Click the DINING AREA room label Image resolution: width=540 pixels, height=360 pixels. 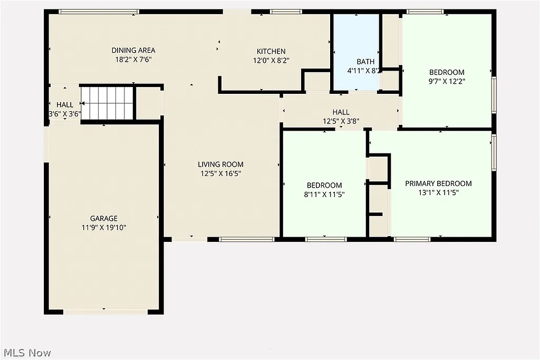[x=133, y=51]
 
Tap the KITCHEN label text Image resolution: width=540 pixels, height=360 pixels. [x=271, y=51]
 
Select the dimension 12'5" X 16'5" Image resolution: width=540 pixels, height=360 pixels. [x=220, y=173]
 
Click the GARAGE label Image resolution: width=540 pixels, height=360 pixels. [x=103, y=218]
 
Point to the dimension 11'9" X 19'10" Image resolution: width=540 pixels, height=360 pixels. [x=103, y=228]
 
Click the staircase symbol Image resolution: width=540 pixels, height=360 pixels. [x=107, y=103]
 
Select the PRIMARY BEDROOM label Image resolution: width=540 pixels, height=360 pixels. [x=438, y=183]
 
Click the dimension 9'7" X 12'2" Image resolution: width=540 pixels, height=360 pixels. [x=447, y=82]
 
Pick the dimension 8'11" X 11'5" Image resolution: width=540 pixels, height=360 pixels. [x=324, y=194]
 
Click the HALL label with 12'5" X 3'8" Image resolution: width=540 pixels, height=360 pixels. [x=341, y=112]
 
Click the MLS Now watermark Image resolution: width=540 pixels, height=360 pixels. [x=27, y=352]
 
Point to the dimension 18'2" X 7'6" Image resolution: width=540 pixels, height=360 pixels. [x=133, y=60]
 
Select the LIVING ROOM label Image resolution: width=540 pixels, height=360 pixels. [x=220, y=164]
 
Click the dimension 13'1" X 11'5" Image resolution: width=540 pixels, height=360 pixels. [x=438, y=193]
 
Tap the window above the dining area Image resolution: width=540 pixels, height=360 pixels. [x=99, y=12]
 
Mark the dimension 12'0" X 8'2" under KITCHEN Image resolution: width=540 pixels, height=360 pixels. [x=271, y=61]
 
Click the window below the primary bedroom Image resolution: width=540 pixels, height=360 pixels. [x=412, y=239]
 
